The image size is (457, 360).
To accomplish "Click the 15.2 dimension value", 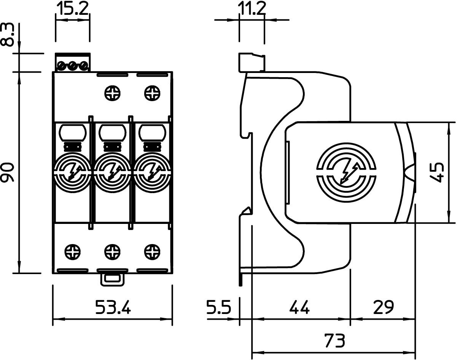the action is click(x=72, y=8).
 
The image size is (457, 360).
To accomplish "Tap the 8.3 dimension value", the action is click(x=8, y=35).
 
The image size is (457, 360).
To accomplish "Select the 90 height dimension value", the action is click(x=8, y=172).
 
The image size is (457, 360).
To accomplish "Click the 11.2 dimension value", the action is click(x=252, y=8).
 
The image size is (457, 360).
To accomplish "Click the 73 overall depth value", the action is click(x=335, y=341).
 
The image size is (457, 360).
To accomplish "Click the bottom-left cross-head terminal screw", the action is click(x=73, y=252).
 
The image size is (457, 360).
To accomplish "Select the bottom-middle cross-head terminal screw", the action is click(x=112, y=252).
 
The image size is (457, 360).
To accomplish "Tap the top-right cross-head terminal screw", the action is click(x=152, y=93).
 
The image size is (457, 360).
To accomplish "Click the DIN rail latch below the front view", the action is click(x=112, y=280).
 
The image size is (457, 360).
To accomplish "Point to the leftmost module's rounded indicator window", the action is click(x=72, y=132).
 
